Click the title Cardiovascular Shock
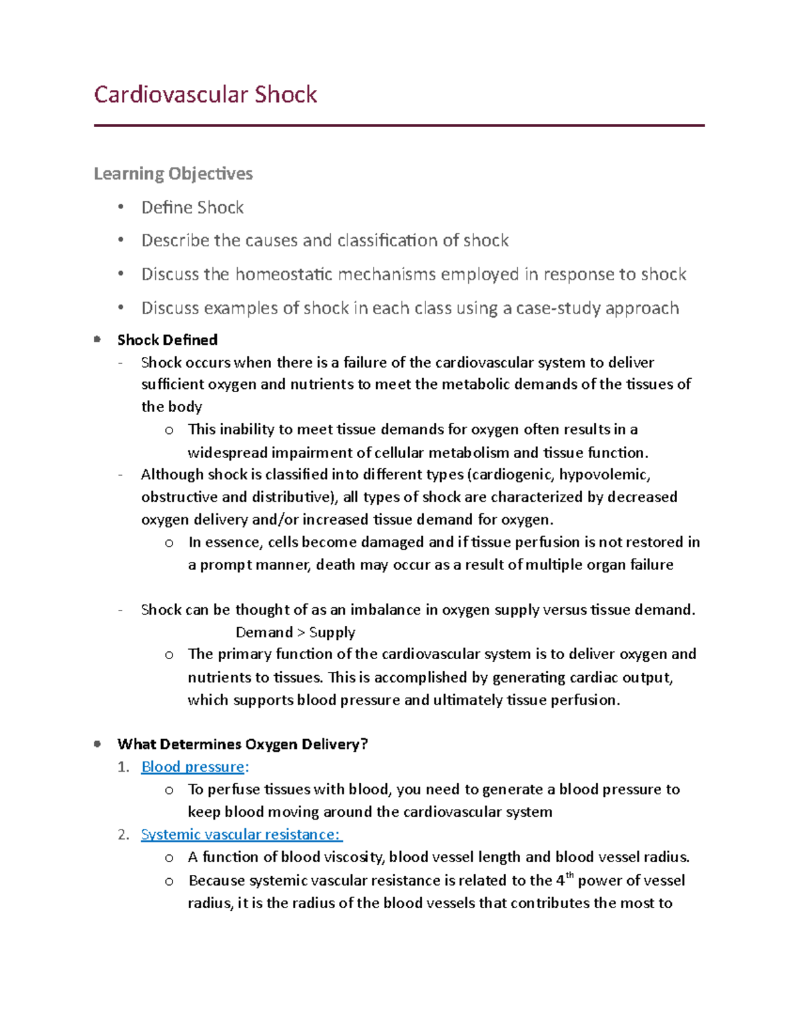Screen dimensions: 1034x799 click(x=205, y=95)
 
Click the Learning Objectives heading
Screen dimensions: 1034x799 click(x=173, y=174)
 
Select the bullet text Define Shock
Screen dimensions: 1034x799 click(x=192, y=208)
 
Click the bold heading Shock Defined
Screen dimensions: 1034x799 click(x=167, y=340)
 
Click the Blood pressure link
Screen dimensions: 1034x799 click(x=193, y=767)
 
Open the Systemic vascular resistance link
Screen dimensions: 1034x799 click(x=240, y=835)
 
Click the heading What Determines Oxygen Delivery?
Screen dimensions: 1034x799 click(x=242, y=744)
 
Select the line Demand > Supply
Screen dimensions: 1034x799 click(x=296, y=633)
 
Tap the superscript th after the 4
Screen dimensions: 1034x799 click(x=569, y=876)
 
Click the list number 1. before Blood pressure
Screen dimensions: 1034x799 click(x=123, y=767)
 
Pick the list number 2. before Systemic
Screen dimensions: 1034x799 click(x=123, y=835)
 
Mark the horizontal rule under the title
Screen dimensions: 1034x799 click(x=399, y=125)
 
